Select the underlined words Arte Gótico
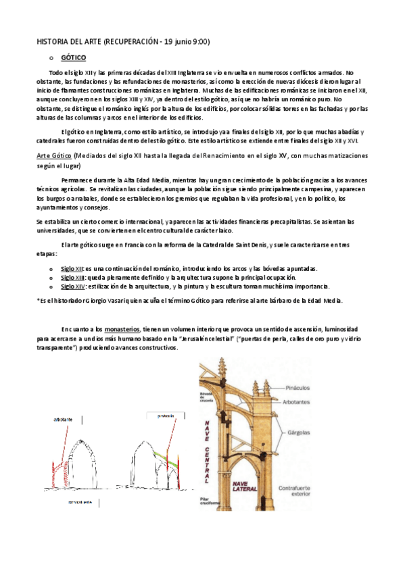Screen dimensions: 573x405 [x=53, y=155]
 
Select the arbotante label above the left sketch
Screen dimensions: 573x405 [x=65, y=420]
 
